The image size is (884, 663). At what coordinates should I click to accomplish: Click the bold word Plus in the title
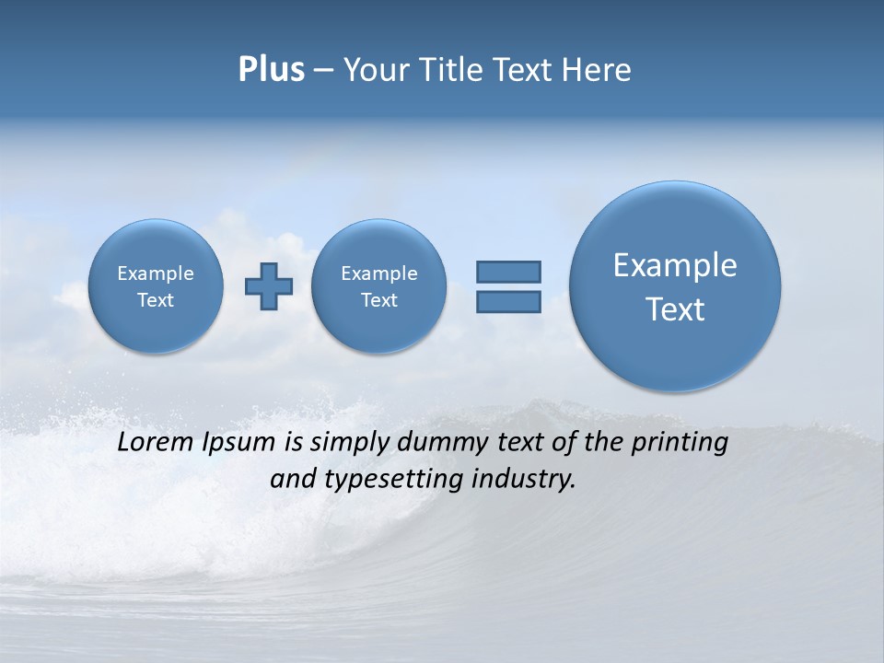click(271, 70)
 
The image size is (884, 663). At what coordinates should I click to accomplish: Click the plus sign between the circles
click(268, 286)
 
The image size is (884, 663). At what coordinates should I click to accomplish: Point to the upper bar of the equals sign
click(508, 272)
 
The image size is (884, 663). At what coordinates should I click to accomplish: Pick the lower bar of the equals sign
click(508, 302)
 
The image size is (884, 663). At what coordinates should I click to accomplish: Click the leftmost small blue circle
click(156, 285)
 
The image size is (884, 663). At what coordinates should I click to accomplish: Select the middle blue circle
click(378, 285)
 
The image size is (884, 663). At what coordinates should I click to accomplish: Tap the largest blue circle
click(675, 285)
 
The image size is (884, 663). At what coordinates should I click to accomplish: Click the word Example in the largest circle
click(675, 265)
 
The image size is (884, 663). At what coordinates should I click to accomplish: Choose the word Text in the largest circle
click(675, 309)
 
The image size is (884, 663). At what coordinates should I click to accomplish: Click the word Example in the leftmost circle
click(156, 273)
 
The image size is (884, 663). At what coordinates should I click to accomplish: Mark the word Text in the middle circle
click(378, 300)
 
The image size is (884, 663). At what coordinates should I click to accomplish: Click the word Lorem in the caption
click(157, 442)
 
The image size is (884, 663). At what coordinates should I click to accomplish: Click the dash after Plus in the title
click(323, 71)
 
